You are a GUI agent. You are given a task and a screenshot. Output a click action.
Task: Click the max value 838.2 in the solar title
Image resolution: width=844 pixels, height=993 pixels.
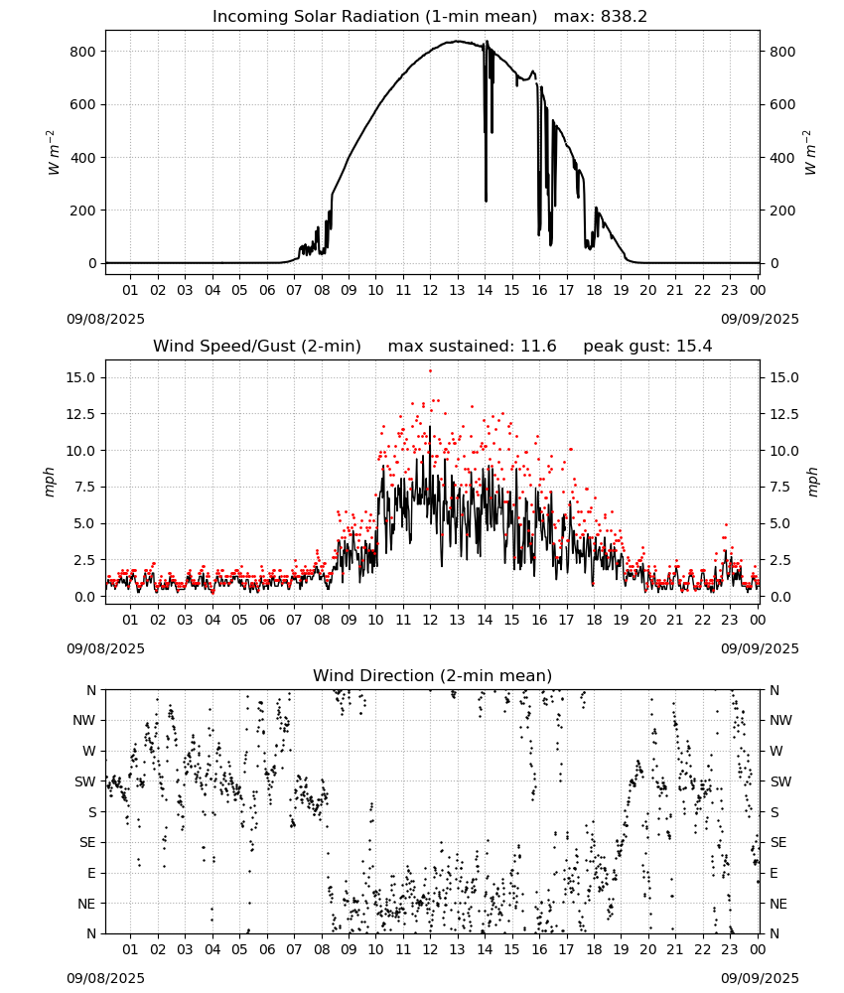point(624,17)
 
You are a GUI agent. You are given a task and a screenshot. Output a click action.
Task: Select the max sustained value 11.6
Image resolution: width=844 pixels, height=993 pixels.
point(538,347)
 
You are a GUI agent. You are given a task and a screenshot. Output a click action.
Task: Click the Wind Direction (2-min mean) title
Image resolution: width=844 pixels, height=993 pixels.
point(433,675)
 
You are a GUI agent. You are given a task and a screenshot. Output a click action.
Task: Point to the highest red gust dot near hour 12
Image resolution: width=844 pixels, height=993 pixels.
point(431,371)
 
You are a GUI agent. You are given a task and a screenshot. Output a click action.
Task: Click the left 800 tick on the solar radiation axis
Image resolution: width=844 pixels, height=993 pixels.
point(83,52)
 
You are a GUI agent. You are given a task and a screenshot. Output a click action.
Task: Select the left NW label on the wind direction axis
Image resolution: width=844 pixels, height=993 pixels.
point(84,721)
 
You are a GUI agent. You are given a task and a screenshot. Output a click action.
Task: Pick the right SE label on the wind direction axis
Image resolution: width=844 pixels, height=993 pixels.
point(778,843)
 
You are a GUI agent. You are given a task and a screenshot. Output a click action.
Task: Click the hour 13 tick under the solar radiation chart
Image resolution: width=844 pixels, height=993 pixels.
point(457,291)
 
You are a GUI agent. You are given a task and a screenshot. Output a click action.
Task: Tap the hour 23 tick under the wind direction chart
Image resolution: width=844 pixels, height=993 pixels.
point(730,950)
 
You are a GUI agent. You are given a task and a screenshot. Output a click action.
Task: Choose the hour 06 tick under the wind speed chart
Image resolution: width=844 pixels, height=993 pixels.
point(267,620)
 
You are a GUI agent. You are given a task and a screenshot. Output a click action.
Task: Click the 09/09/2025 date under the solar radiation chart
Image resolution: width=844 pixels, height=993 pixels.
point(760,319)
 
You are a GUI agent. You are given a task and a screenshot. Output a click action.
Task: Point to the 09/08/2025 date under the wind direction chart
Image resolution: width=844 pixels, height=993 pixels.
point(105,978)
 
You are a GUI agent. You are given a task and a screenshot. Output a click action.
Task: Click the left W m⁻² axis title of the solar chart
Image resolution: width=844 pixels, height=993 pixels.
point(54,153)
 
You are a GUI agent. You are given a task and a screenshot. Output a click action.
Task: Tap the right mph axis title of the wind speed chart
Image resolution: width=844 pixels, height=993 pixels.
point(813,482)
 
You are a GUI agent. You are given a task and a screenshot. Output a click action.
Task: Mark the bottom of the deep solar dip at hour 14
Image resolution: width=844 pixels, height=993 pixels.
point(487,202)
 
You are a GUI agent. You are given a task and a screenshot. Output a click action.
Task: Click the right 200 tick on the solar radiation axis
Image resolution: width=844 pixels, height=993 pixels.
point(782,211)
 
